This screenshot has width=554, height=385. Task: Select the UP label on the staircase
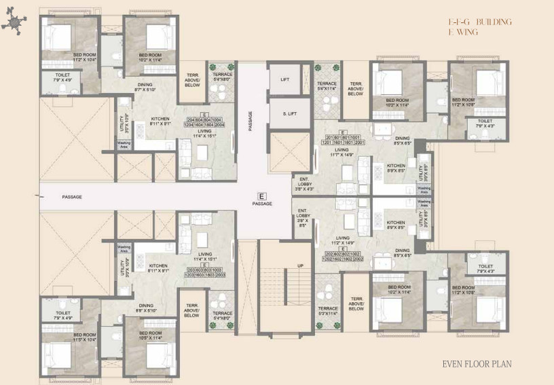(x=299, y=265)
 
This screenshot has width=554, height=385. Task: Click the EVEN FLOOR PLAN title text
(x=477, y=364)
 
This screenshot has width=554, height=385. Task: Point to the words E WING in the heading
(x=464, y=32)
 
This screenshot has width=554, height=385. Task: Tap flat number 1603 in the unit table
(x=205, y=275)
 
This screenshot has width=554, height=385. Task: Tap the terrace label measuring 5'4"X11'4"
(x=327, y=86)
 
